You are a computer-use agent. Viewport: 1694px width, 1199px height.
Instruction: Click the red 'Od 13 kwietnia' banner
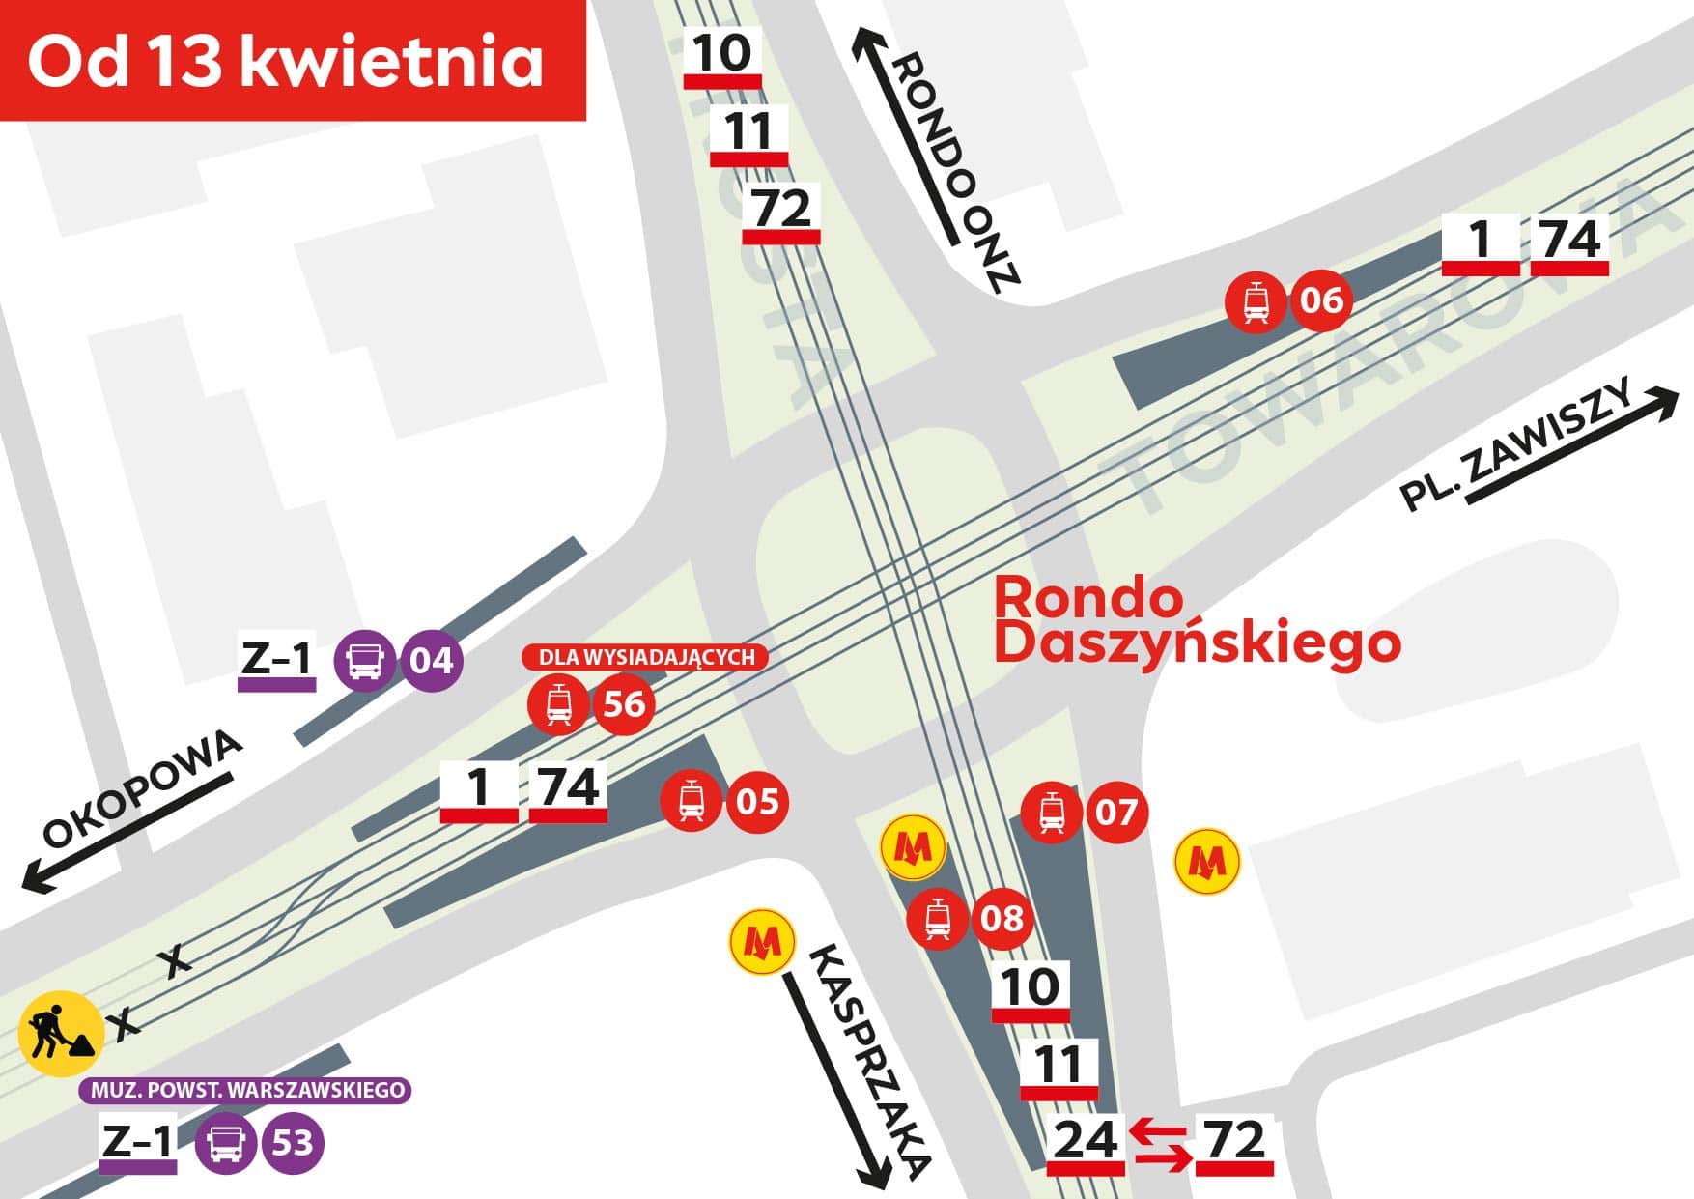click(293, 60)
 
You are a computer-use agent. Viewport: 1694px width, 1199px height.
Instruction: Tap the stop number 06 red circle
click(1321, 300)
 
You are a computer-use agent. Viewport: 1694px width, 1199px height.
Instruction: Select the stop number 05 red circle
click(757, 801)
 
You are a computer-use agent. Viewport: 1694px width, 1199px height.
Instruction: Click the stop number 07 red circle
click(1116, 811)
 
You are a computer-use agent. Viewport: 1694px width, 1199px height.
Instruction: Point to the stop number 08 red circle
click(1002, 917)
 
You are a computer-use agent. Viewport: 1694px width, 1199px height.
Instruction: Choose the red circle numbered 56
click(624, 704)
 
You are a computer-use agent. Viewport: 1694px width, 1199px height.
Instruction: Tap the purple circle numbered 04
click(431, 661)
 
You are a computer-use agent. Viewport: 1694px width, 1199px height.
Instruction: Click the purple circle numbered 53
click(292, 1143)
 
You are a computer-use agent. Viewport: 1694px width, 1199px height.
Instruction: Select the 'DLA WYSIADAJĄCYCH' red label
click(645, 657)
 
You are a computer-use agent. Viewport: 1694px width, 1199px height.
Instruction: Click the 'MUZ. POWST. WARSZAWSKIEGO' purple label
click(246, 1091)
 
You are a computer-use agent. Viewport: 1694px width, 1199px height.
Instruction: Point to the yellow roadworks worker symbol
click(60, 1033)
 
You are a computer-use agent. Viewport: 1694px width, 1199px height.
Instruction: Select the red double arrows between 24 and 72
click(1160, 1143)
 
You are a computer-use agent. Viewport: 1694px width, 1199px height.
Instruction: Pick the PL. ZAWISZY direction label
click(1516, 445)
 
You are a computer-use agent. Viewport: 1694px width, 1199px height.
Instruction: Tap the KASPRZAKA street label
click(867, 1062)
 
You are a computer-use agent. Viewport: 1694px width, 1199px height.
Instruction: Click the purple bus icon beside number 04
click(365, 661)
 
